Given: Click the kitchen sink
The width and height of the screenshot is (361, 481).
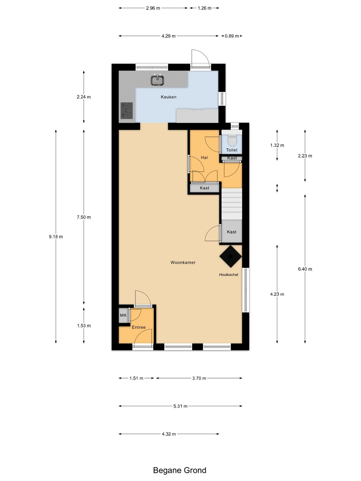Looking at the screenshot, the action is click(157, 80).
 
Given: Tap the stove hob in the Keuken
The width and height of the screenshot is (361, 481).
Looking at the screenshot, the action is click(127, 110).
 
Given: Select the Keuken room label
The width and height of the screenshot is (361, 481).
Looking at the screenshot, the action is click(169, 97).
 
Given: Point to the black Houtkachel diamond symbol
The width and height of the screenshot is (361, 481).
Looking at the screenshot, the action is click(231, 256).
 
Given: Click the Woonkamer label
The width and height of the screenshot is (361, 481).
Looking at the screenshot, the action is click(183, 263).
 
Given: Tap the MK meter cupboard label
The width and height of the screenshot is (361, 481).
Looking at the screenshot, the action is click(123, 315).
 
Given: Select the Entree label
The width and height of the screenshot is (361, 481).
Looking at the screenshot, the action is click(139, 327).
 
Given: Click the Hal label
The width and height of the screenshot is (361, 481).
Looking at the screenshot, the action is click(204, 158).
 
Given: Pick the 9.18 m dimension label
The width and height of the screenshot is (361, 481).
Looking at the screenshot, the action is click(56, 236).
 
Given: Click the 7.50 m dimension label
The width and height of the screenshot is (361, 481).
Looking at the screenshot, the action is click(84, 217).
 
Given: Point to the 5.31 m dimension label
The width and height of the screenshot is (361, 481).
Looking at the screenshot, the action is click(180, 406).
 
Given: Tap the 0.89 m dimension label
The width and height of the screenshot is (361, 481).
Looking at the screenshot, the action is click(232, 36).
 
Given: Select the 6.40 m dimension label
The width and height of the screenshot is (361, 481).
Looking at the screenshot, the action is click(305, 269).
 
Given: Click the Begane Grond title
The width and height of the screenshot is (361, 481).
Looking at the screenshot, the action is click(180, 470).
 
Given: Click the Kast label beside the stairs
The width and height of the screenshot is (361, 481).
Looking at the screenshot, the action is click(232, 232).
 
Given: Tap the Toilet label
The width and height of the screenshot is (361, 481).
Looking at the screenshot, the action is click(232, 150).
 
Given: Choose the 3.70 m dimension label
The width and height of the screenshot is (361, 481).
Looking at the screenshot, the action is click(199, 378).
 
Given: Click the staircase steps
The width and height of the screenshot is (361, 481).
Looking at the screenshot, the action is click(232, 204).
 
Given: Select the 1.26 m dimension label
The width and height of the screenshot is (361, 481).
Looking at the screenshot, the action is click(205, 8).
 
